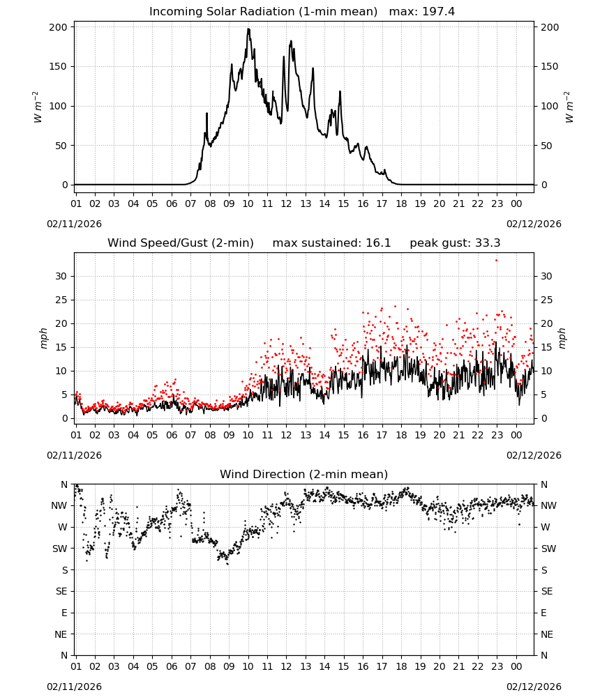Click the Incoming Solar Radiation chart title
click(x=263, y=12)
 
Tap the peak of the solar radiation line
click(x=248, y=29)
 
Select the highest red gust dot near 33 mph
click(x=496, y=260)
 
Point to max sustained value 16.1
click(x=378, y=243)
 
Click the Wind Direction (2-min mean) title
click(x=304, y=474)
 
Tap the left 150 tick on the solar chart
click(x=59, y=67)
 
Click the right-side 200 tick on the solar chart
click(x=550, y=27)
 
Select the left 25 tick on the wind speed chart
click(x=62, y=300)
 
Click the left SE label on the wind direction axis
click(x=62, y=591)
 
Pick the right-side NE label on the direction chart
click(x=547, y=634)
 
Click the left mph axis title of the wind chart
click(x=43, y=338)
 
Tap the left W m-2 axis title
click(x=38, y=107)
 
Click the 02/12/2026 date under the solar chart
click(x=534, y=224)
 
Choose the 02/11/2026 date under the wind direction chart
click(x=74, y=687)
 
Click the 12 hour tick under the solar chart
click(x=286, y=204)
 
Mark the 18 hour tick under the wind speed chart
click(x=401, y=435)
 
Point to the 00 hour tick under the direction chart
click(x=516, y=666)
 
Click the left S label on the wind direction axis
click(x=65, y=570)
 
